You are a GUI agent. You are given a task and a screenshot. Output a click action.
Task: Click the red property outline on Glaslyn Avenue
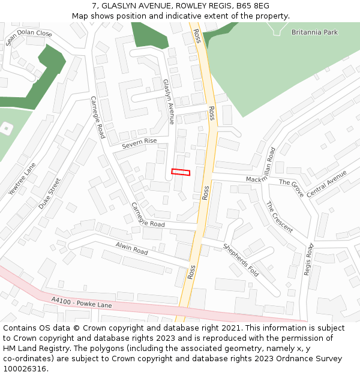pos(181,172)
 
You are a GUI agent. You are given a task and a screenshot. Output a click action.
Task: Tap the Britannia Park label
pos(315,32)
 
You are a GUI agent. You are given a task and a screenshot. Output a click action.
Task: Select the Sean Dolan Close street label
pos(29,38)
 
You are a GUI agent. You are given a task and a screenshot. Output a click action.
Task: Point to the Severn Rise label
pos(139,143)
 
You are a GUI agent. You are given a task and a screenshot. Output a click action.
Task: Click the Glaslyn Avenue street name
pos(168,101)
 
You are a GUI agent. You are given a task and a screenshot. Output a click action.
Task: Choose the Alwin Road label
pos(131,247)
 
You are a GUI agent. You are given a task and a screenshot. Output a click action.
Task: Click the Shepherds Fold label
pos(241,260)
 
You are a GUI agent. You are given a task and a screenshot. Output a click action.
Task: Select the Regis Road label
pos(309,259)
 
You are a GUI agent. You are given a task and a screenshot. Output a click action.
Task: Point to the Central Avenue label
pos(327,184)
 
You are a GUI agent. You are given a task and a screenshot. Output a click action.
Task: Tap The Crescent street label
pos(279,217)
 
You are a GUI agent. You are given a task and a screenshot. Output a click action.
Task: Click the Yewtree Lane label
pos(22,179)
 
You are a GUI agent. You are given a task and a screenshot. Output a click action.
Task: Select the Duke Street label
pos(50,193)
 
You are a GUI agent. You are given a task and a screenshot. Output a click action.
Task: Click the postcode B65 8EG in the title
pos(252,6)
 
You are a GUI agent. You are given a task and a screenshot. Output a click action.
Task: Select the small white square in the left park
pos(6,128)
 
